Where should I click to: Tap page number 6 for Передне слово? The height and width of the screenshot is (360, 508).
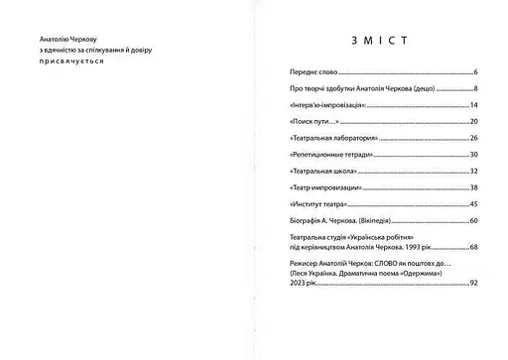[x=476, y=73]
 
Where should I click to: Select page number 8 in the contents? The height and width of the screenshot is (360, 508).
[x=476, y=89]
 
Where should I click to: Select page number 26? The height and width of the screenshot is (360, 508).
[x=474, y=138]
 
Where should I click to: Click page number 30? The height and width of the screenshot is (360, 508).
[x=474, y=155]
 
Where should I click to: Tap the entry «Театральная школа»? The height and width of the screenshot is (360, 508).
[x=314, y=171]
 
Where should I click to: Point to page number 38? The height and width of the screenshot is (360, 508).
[x=474, y=187]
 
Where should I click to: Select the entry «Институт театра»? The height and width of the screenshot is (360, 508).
[x=313, y=203]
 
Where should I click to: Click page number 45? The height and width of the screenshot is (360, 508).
[x=474, y=203]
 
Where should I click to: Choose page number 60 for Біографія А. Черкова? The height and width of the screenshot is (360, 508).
[x=474, y=220]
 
